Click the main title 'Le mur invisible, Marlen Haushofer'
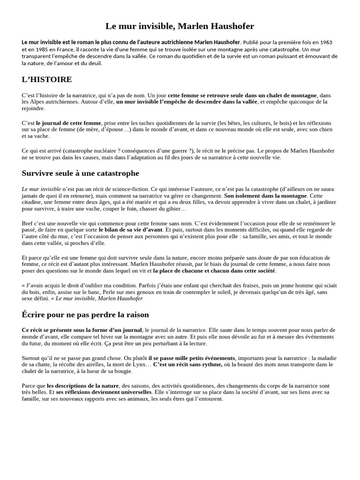point(180,26)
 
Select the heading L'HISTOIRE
point(47,79)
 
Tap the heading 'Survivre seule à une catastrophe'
point(81,173)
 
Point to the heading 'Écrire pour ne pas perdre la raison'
point(85,315)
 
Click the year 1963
point(326,42)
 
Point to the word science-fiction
point(120,188)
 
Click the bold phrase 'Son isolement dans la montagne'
point(266,195)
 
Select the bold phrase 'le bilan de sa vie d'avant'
point(131,230)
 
